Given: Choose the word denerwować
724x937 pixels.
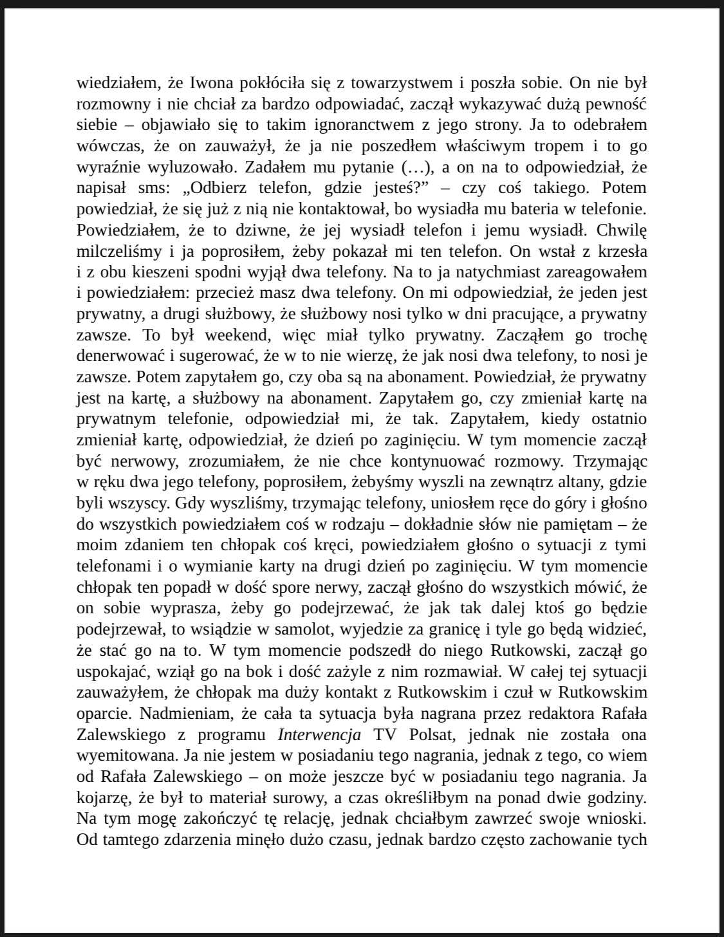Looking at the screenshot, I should click(120, 356).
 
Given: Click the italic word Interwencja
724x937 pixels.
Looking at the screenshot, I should click(319, 734).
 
